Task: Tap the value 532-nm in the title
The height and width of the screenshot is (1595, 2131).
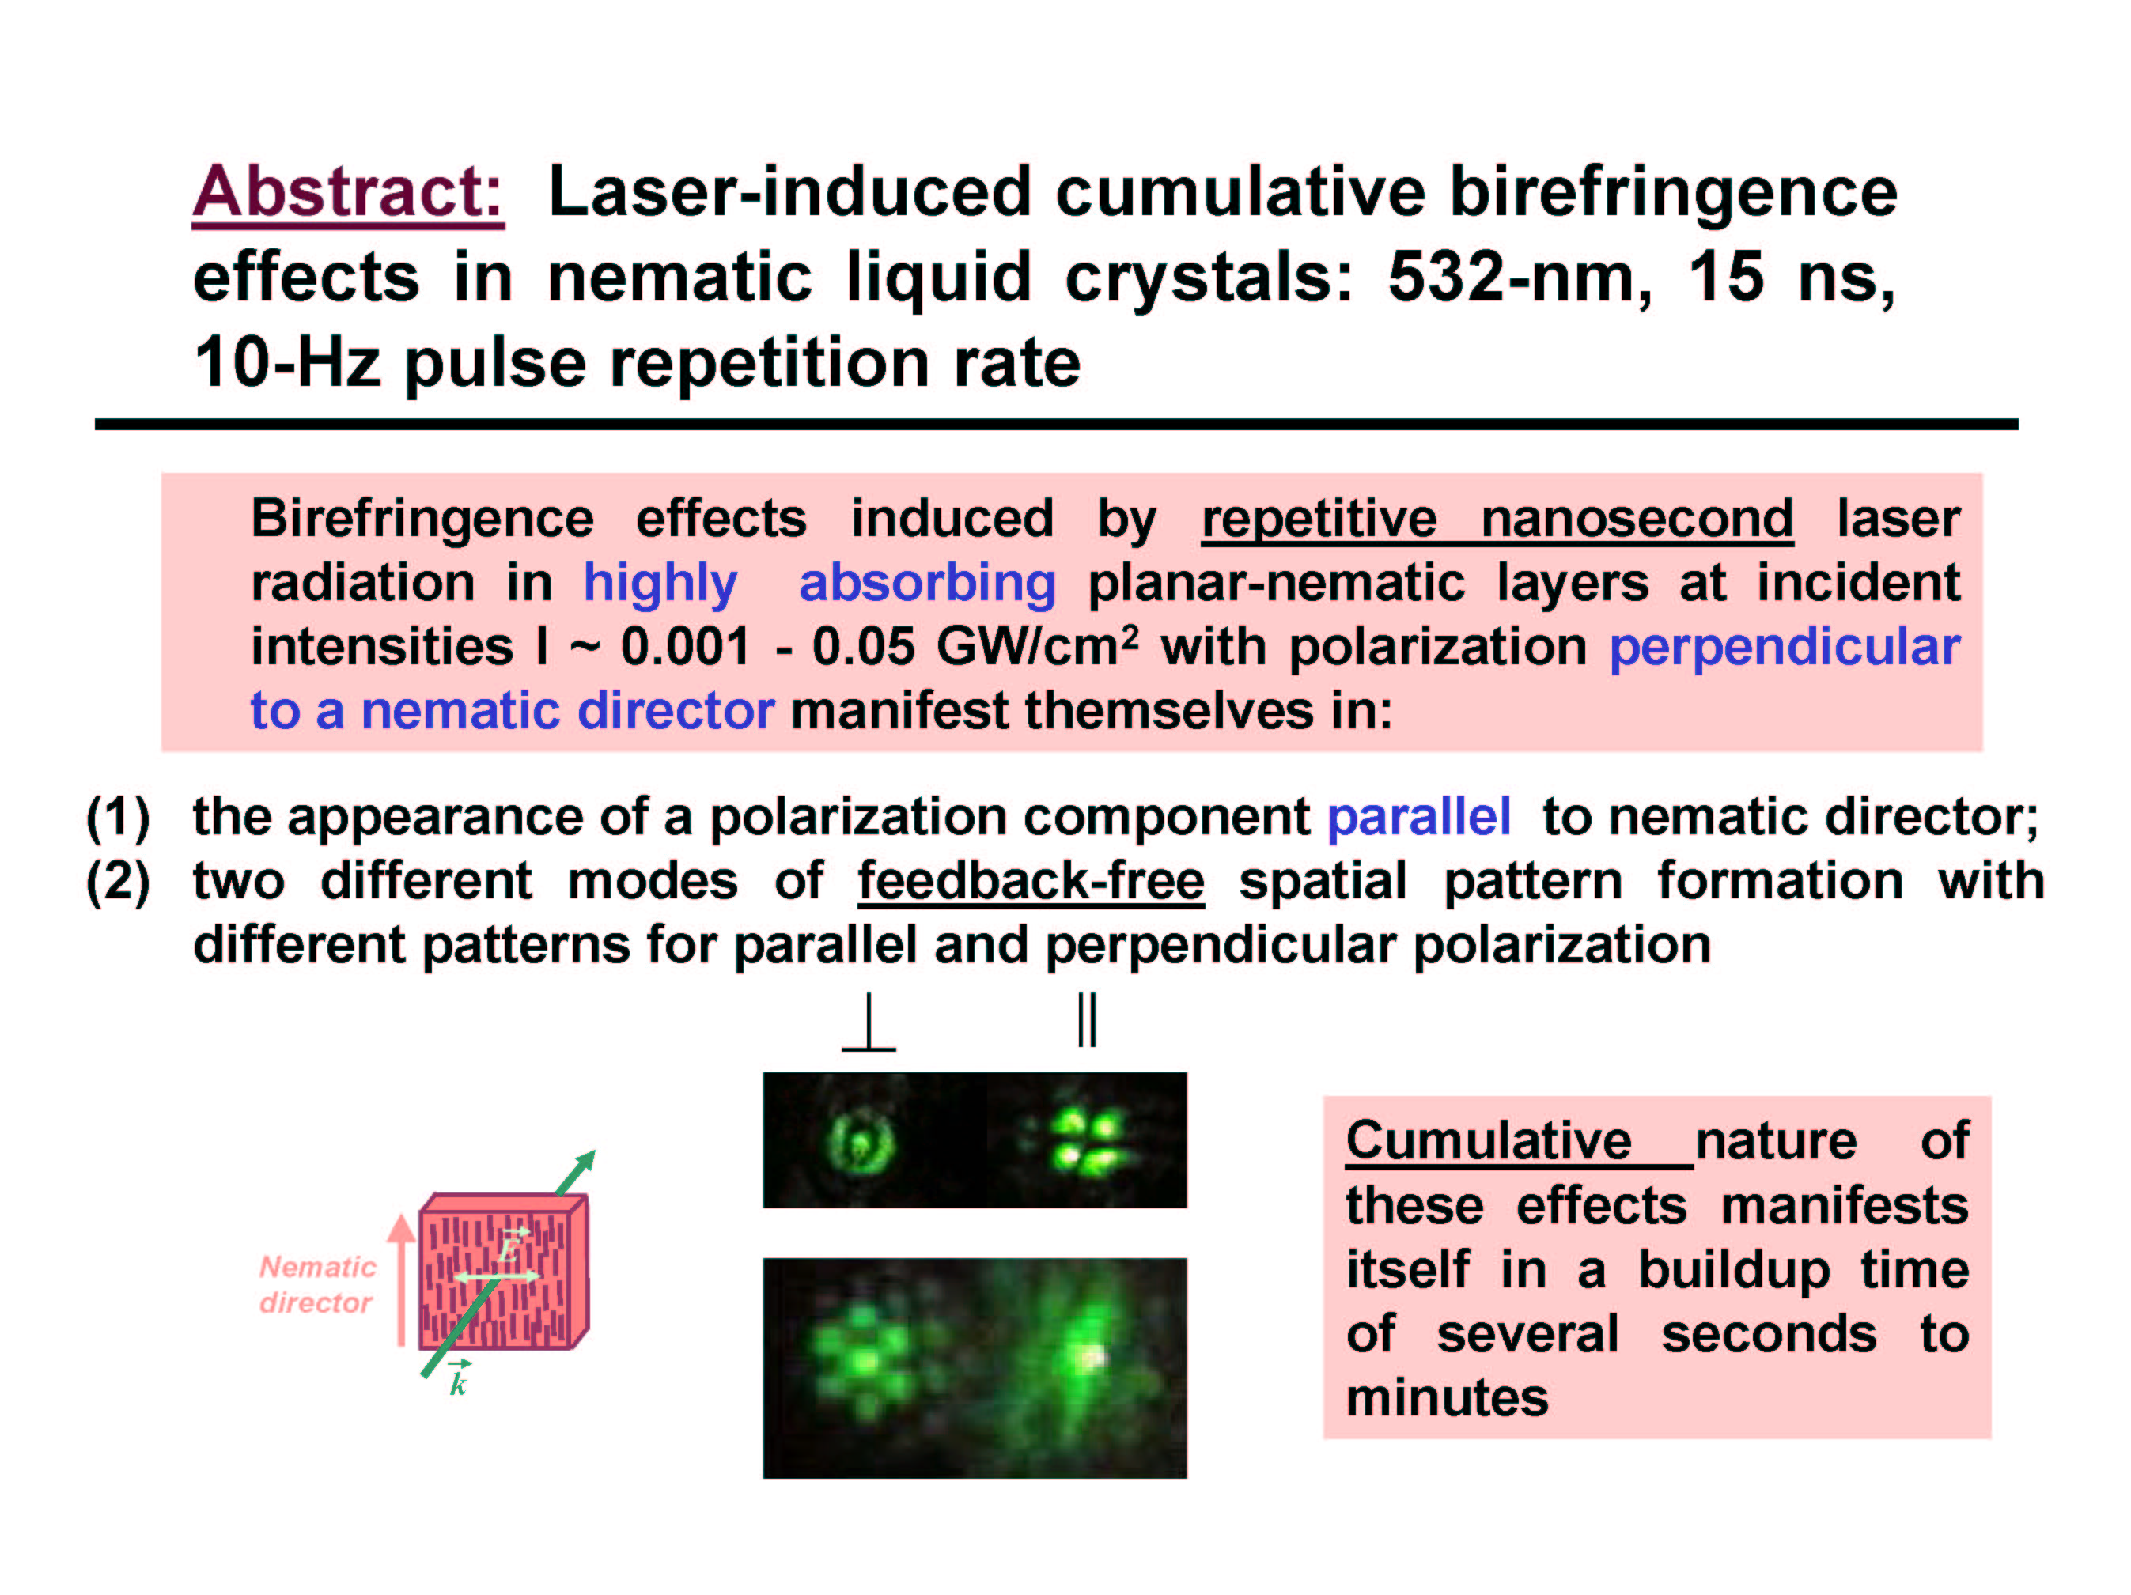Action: click(x=1520, y=278)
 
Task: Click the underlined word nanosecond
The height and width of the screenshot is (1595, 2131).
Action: click(x=1636, y=519)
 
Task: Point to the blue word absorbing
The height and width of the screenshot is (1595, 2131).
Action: click(x=927, y=584)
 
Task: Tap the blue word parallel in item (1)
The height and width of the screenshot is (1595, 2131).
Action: click(x=1418, y=817)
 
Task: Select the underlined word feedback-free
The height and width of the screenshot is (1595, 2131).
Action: click(x=1031, y=881)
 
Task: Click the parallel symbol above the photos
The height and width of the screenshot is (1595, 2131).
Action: click(x=1087, y=1020)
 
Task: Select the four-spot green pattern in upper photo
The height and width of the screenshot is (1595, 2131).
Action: click(x=1087, y=1143)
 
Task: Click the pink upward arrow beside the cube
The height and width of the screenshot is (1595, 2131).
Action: click(x=401, y=1279)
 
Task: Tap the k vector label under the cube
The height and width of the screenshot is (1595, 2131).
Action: click(x=459, y=1378)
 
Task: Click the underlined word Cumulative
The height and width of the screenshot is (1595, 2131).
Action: click(x=1489, y=1141)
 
